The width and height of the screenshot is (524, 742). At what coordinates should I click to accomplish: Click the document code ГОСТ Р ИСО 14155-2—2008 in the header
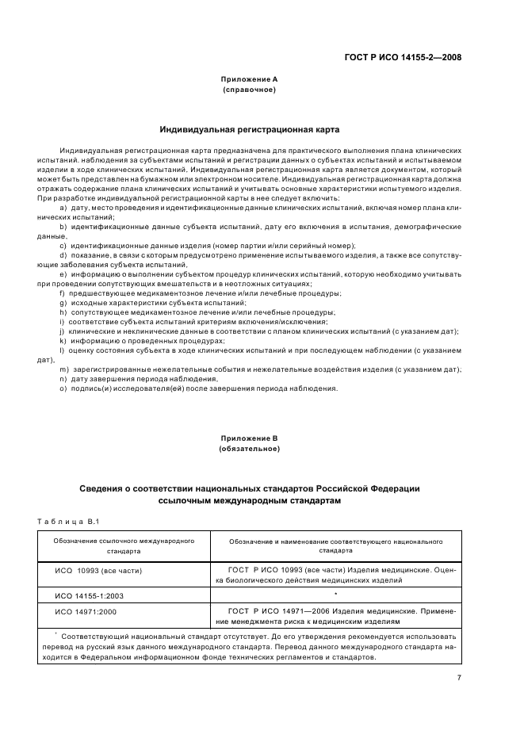tap(403, 57)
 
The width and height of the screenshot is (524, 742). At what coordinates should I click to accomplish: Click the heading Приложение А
tap(249, 79)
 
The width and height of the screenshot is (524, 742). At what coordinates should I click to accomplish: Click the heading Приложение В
tap(249, 438)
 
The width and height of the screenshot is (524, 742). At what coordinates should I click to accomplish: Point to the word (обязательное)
tap(249, 449)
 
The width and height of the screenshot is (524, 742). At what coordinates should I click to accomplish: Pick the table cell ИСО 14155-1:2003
tap(90, 595)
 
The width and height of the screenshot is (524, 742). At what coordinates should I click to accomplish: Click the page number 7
tap(458, 678)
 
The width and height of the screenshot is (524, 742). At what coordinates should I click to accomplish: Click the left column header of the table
tap(124, 544)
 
